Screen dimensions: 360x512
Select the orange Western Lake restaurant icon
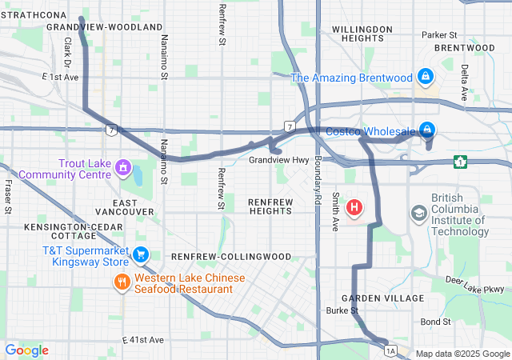(122, 282)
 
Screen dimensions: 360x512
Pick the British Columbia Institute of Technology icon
(418, 214)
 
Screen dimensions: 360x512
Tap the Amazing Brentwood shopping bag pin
(425, 76)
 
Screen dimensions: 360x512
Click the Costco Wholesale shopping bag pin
(428, 130)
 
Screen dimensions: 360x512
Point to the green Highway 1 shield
(460, 162)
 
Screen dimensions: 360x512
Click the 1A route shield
(390, 350)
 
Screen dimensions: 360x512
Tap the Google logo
(26, 350)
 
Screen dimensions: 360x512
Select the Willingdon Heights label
(362, 34)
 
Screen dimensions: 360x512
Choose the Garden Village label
(388, 298)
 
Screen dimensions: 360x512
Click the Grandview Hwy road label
(278, 160)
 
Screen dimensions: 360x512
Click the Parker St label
(439, 35)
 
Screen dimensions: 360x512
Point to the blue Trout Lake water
(137, 174)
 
